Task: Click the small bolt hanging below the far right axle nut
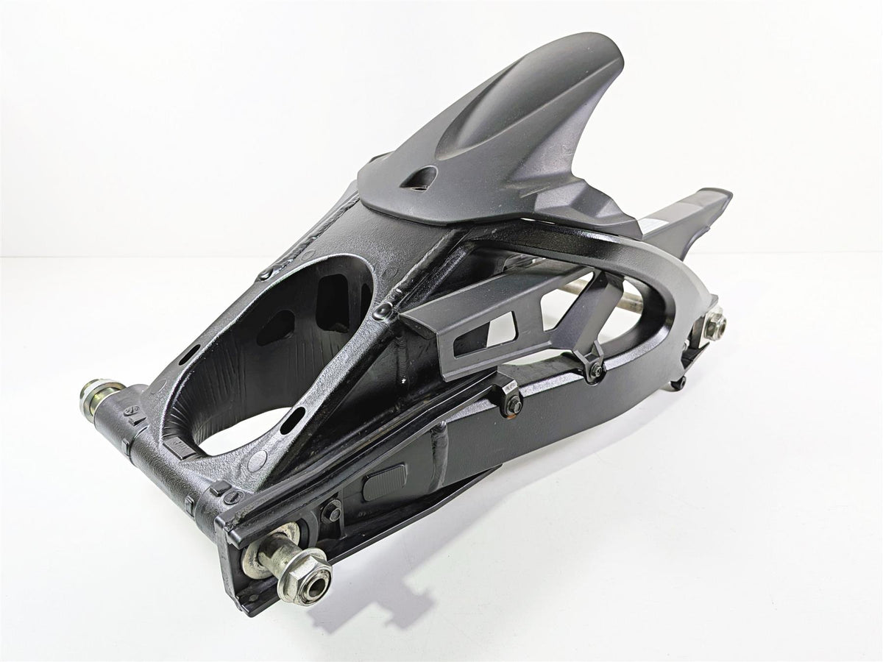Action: (681, 383)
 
